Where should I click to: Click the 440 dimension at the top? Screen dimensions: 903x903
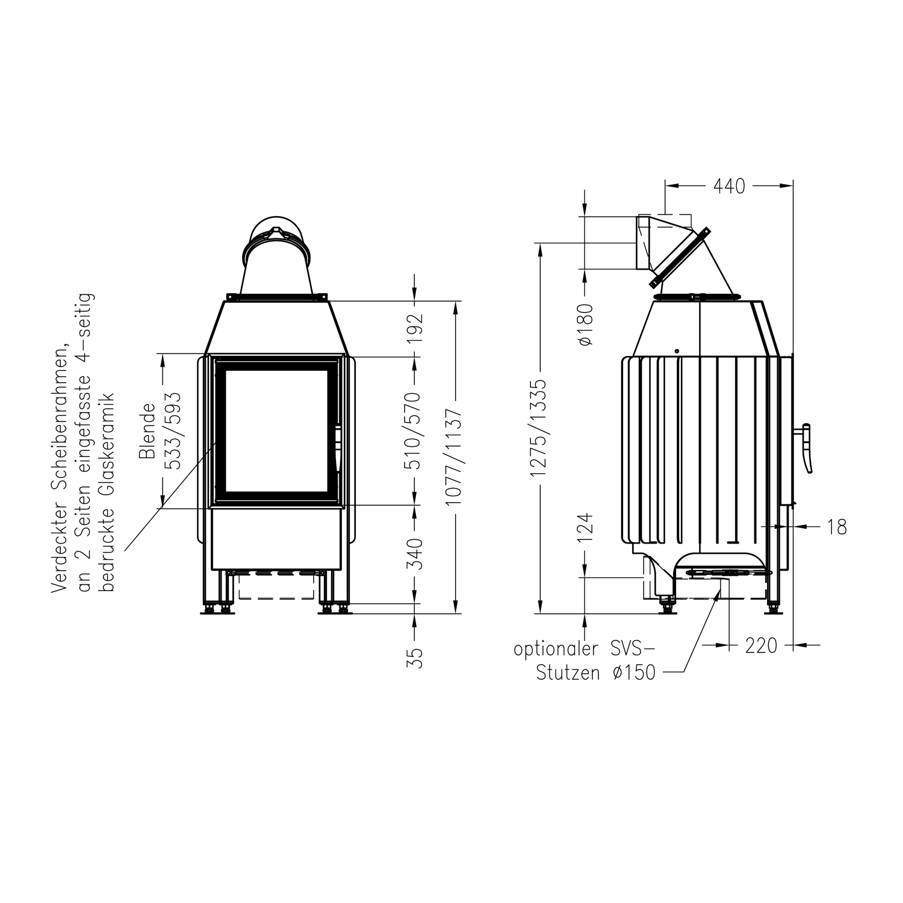(x=729, y=187)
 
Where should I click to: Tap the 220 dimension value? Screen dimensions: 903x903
(x=761, y=646)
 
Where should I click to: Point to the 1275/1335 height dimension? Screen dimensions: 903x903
(x=538, y=427)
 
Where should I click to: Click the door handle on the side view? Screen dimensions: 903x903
(x=807, y=448)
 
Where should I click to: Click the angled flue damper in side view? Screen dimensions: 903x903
(x=680, y=258)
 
